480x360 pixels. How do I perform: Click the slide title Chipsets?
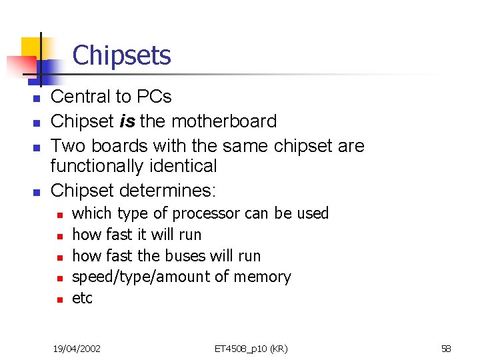pos(121,55)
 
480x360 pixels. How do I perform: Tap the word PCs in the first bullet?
pos(154,97)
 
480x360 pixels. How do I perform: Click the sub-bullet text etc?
pos(82,299)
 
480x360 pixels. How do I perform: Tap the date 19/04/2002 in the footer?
pos(77,348)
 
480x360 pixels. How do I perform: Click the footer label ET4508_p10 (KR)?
pos(251,348)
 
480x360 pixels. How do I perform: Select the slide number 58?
pos(446,348)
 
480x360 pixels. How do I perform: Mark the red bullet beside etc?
pos(59,300)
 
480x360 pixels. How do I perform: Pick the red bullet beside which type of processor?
pos(59,215)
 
